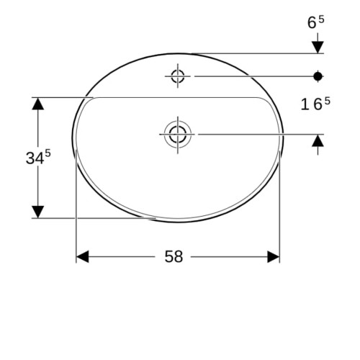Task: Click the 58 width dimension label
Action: pos(174,256)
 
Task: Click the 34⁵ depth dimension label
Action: pos(38,157)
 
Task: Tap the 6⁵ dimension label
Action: pos(315,22)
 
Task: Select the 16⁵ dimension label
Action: pos(315,104)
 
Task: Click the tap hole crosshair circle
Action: pos(178,76)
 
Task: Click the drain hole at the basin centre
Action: pos(178,135)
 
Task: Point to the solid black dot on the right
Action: pos(318,76)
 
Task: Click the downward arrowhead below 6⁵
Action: pos(318,47)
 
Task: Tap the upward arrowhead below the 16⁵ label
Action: pos(318,140)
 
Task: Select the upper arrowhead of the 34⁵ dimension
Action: pos(38,104)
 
